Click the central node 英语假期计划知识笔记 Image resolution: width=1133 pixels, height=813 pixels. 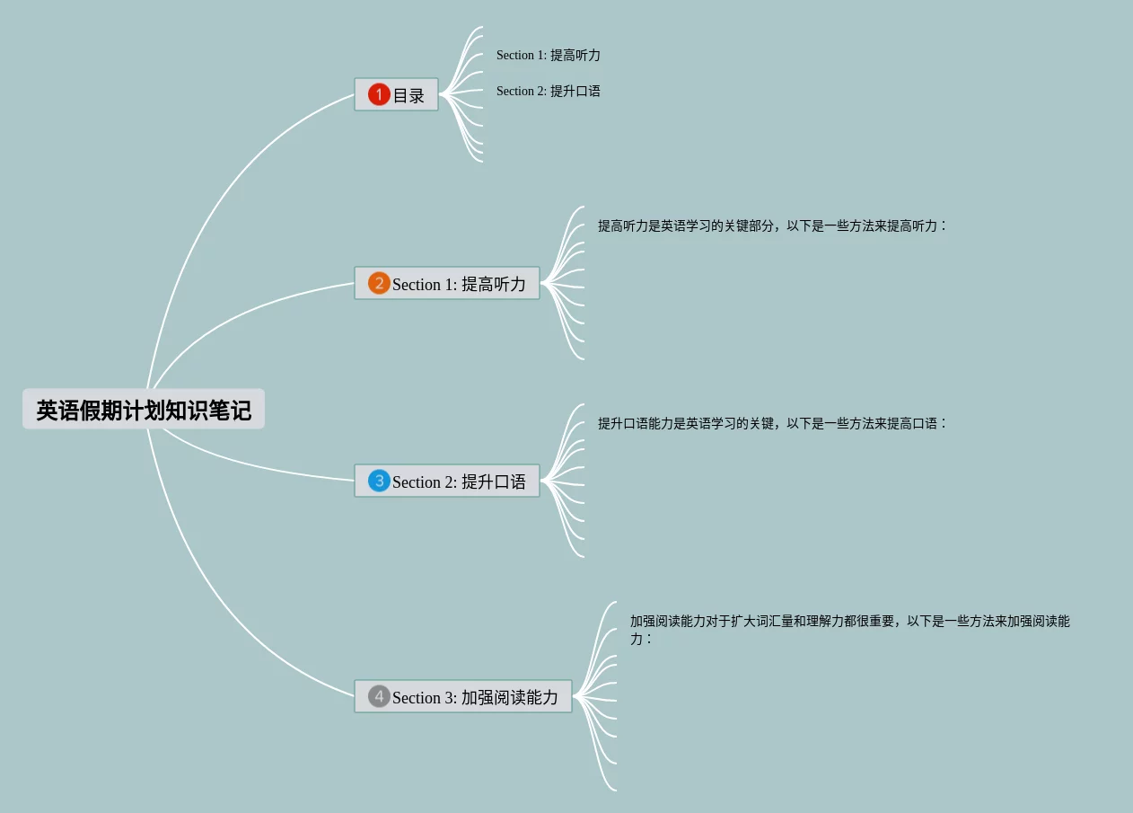144,410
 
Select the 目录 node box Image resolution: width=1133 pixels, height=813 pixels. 396,94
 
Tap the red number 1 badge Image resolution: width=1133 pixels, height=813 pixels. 379,94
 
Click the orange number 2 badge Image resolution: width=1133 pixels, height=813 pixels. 379,284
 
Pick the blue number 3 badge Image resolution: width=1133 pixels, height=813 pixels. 379,482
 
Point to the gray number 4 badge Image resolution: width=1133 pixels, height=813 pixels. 379,697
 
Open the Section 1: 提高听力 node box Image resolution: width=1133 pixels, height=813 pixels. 447,284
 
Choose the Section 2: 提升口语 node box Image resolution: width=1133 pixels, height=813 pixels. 447,482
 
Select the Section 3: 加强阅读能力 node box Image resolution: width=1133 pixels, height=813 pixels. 463,697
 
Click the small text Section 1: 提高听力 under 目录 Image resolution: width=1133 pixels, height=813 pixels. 548,55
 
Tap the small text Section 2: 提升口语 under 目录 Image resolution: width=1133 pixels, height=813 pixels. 548,91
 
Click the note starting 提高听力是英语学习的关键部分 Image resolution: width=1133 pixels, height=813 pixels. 772,225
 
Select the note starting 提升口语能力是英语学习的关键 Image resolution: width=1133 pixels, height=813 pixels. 772,423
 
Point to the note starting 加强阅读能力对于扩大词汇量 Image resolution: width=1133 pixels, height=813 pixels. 849,622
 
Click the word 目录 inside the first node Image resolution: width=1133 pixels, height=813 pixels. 408,95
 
